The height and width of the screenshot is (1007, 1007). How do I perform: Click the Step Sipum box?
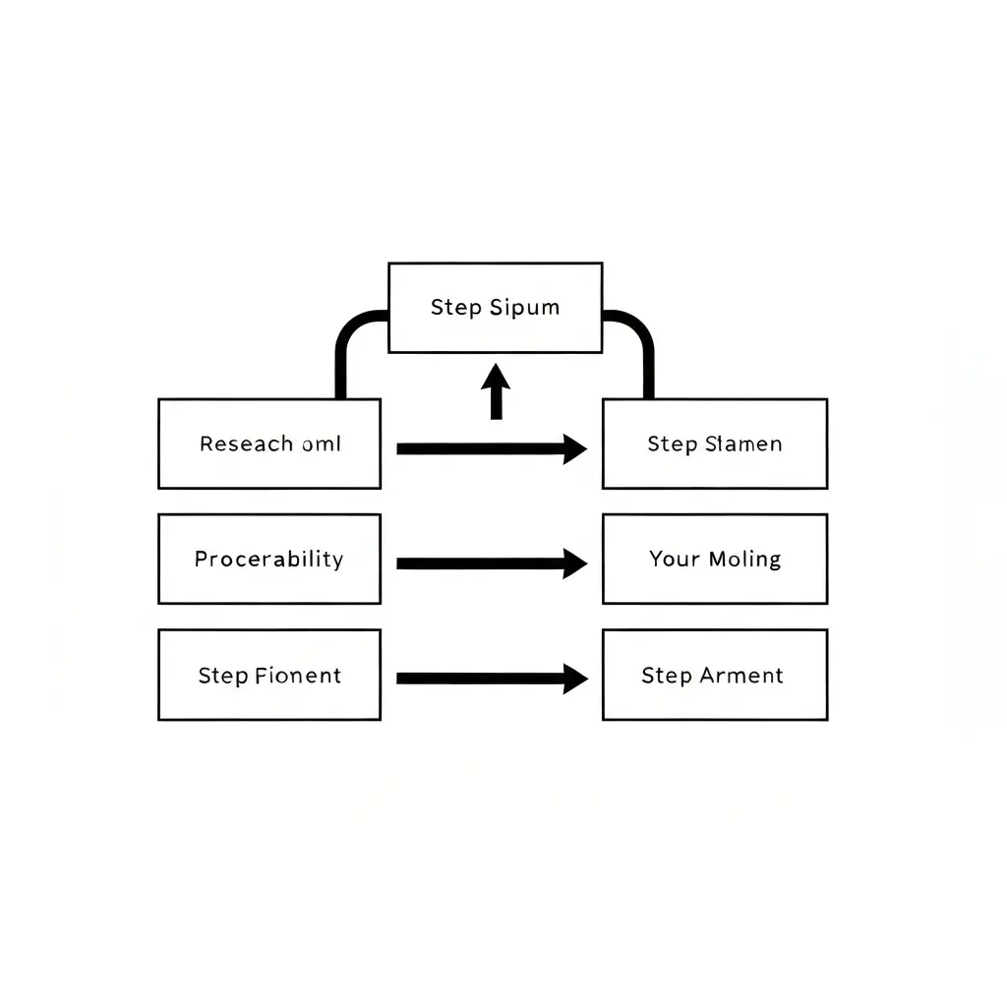496,308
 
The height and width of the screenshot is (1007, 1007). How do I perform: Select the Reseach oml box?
269,444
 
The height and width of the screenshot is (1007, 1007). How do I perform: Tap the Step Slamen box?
715,444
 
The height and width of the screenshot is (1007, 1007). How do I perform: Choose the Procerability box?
269,559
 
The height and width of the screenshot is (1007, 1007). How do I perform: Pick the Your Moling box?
715,559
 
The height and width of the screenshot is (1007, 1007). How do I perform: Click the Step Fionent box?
269,675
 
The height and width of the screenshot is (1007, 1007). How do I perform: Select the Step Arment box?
715,675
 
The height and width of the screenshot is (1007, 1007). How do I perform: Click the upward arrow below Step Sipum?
496,391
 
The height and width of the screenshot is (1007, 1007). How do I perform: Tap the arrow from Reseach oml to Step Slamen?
492,448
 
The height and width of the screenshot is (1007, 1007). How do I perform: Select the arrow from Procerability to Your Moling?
492,563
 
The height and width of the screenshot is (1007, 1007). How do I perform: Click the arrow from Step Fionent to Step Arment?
492,679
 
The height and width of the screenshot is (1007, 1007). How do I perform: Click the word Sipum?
525,308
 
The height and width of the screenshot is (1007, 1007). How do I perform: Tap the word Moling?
745,560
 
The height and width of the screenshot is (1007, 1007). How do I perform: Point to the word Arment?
741,676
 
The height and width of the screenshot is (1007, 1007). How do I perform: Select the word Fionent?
298,676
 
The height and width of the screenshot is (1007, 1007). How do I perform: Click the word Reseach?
247,444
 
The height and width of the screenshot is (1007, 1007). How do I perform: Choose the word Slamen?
743,444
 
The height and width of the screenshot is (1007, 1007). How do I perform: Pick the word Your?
675,560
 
